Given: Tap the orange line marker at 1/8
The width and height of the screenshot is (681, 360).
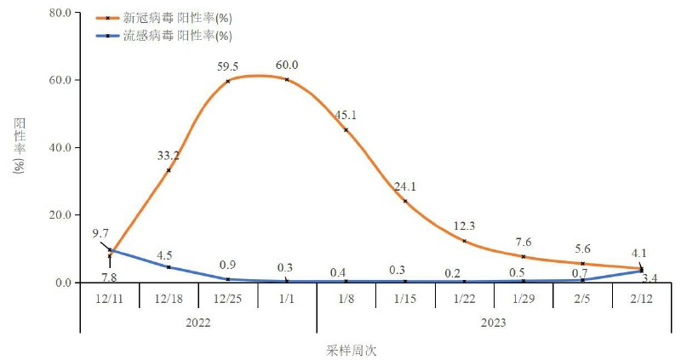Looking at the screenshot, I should pyautogui.click(x=346, y=130).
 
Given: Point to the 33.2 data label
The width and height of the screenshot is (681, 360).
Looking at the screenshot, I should pyautogui.click(x=169, y=156).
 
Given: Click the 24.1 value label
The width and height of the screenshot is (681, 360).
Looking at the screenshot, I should pyautogui.click(x=404, y=186).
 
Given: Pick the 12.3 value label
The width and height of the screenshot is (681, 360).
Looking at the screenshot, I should pyautogui.click(x=464, y=226).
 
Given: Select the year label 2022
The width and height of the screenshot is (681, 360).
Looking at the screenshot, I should pyautogui.click(x=197, y=323).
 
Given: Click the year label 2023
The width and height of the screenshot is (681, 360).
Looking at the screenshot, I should pyautogui.click(x=493, y=323).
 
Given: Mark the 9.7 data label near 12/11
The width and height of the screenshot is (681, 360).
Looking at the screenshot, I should pyautogui.click(x=100, y=232).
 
